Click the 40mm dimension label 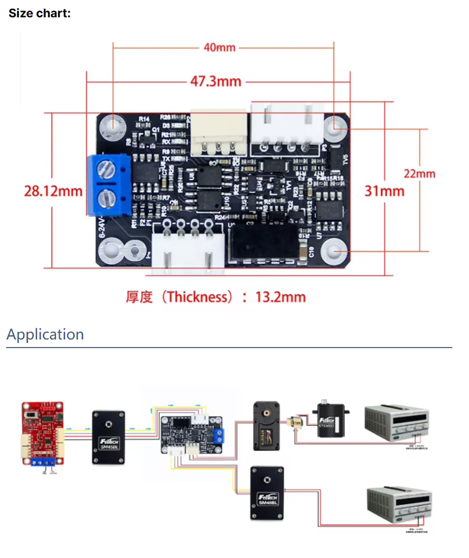coord(219,48)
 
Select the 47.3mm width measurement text coord(216,81)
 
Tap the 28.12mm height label coord(53,191)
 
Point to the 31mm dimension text coord(384,191)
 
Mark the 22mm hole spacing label coord(419,174)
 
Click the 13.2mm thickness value coord(280,297)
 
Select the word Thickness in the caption coord(197,297)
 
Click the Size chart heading coord(39,13)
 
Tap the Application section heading coord(45,334)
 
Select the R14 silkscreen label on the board coord(144,119)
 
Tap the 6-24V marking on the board coord(102,228)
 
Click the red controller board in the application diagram coord(42,433)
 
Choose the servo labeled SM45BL coord(108,437)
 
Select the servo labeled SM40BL coord(267,493)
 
